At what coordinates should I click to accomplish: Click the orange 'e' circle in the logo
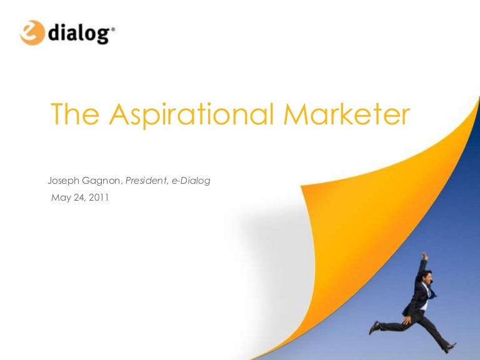point(32,32)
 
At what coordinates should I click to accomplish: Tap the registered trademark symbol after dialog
point(112,28)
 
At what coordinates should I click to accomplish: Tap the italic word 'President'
point(147,181)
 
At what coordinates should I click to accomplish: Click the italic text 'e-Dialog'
point(192,181)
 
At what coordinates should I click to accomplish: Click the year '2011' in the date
point(99,199)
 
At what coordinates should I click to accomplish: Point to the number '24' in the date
point(79,199)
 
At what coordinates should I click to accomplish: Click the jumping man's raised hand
point(424,256)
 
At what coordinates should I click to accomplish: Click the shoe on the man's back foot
point(374,327)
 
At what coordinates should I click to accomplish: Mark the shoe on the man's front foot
point(450,347)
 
